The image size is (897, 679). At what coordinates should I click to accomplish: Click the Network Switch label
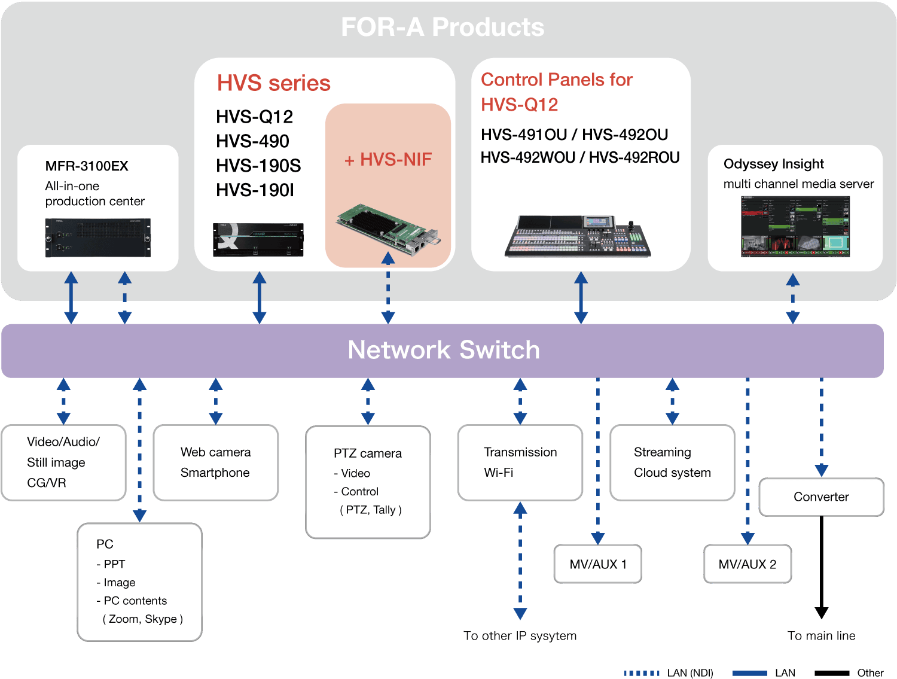(x=443, y=350)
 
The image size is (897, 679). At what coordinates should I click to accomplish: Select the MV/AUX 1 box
(x=597, y=564)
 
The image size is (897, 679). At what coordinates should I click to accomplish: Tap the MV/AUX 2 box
(x=747, y=564)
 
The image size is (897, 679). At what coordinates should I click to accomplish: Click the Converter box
(x=820, y=497)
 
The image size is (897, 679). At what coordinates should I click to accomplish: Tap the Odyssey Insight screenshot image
(x=795, y=226)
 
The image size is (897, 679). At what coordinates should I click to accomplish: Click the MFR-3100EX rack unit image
(x=98, y=238)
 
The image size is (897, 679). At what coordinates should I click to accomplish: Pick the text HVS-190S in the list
(x=258, y=166)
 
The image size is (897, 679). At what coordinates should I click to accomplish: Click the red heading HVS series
(x=273, y=83)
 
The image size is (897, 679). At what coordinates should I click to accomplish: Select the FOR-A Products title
(x=443, y=27)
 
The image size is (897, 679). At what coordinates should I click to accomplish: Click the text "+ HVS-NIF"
(x=388, y=160)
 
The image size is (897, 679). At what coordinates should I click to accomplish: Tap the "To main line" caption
(x=820, y=635)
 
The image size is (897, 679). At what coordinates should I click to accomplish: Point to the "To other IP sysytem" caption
(x=520, y=635)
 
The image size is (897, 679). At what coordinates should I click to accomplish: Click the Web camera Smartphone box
(x=215, y=462)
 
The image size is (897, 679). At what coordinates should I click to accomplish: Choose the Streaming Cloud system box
(x=672, y=462)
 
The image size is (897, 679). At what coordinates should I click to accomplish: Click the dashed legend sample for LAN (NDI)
(x=642, y=673)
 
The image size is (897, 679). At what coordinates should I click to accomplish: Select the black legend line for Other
(x=831, y=673)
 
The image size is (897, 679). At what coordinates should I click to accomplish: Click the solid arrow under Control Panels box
(x=581, y=297)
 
